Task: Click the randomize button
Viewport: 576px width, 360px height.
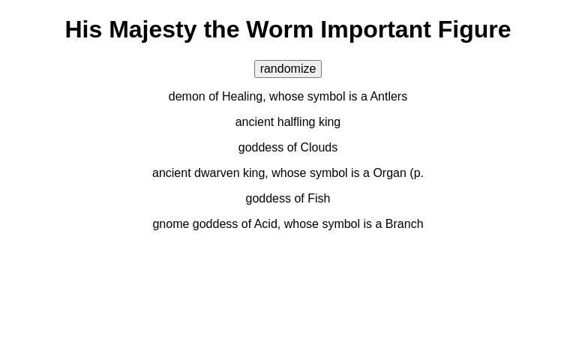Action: [x=288, y=69]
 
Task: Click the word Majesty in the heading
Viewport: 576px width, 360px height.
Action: [x=153, y=29]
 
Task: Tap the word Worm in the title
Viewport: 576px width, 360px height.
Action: [x=280, y=29]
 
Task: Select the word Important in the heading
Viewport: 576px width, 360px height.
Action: [x=376, y=29]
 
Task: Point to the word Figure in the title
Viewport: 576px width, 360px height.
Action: [x=474, y=29]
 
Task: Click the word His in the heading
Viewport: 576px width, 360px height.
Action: [x=83, y=29]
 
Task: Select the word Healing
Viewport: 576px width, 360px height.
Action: [x=242, y=97]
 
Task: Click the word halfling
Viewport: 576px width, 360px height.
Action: [x=296, y=122]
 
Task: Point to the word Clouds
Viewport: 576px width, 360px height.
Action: [x=319, y=148]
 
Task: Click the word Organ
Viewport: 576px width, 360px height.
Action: [x=389, y=173]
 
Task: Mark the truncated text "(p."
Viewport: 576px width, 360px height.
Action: [x=416, y=173]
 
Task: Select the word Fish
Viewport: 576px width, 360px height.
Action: [x=319, y=199]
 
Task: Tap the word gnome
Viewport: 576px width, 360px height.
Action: [x=171, y=224]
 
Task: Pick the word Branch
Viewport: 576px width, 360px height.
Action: [x=404, y=224]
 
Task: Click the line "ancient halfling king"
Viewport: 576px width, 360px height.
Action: [x=288, y=122]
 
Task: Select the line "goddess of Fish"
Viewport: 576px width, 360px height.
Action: [x=288, y=199]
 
